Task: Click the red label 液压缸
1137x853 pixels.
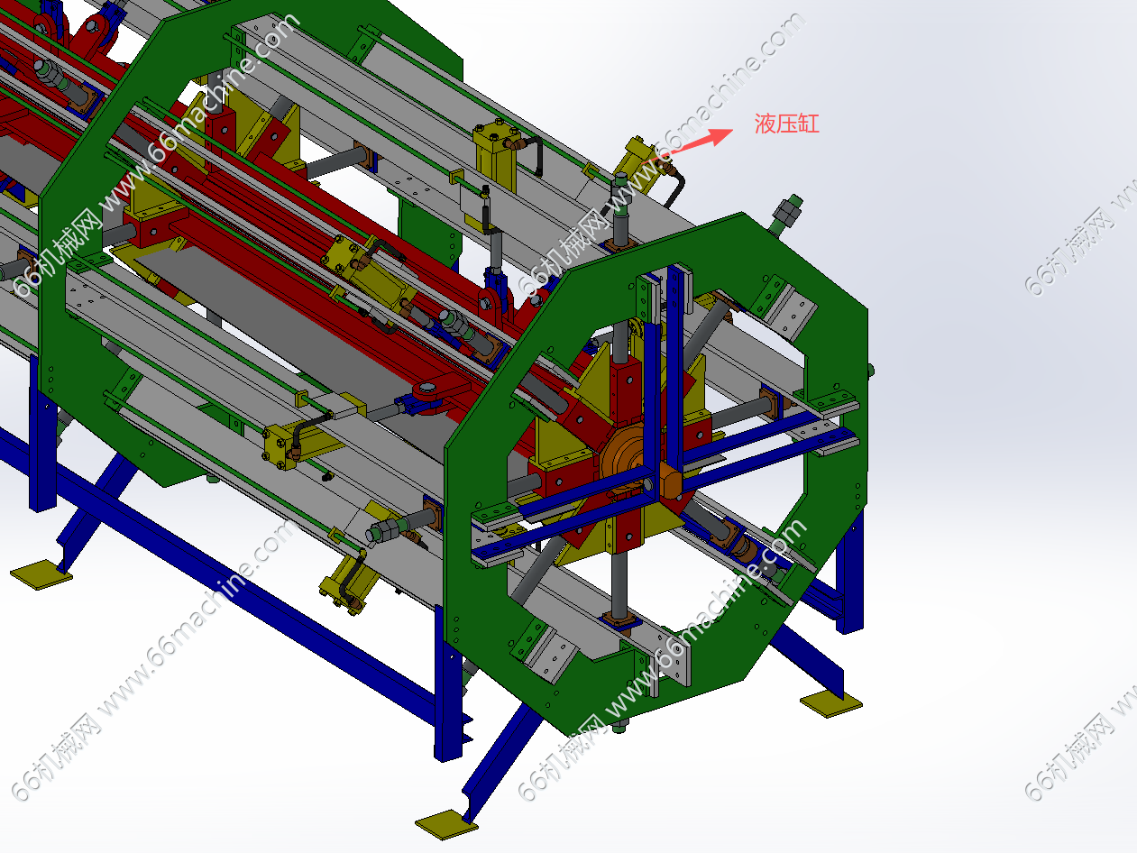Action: click(786, 124)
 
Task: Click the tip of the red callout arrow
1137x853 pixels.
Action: click(733, 130)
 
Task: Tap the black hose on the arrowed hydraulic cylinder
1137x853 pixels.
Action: click(675, 187)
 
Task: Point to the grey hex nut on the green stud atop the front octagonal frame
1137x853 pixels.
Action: click(787, 209)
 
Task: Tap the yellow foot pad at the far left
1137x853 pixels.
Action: click(41, 574)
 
